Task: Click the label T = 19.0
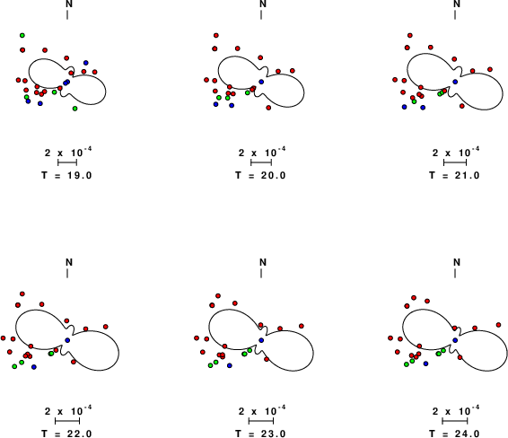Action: pos(66,175)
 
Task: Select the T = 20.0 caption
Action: pos(260,175)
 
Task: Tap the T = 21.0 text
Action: pos(454,175)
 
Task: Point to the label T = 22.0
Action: pos(66,434)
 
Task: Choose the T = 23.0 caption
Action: pos(260,434)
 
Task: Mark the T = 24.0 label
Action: pos(454,434)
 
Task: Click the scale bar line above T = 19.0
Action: pos(67,162)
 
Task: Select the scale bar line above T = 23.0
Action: pos(261,421)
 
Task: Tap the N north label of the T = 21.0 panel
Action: pos(457,4)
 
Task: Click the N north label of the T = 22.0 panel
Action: pos(69,262)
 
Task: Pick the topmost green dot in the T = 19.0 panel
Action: pos(22,35)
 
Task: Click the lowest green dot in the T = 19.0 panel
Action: pos(74,109)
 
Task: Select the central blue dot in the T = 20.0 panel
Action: pos(261,82)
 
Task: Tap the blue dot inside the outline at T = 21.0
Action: pos(455,82)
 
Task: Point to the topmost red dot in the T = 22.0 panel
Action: pos(22,293)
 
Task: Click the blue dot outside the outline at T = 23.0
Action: pos(230,365)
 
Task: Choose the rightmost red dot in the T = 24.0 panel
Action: pos(499,325)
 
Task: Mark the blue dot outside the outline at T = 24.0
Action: pos(425,364)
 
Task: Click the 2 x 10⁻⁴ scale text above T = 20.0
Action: pos(262,152)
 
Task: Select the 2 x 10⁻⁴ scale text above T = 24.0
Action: pos(456,410)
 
